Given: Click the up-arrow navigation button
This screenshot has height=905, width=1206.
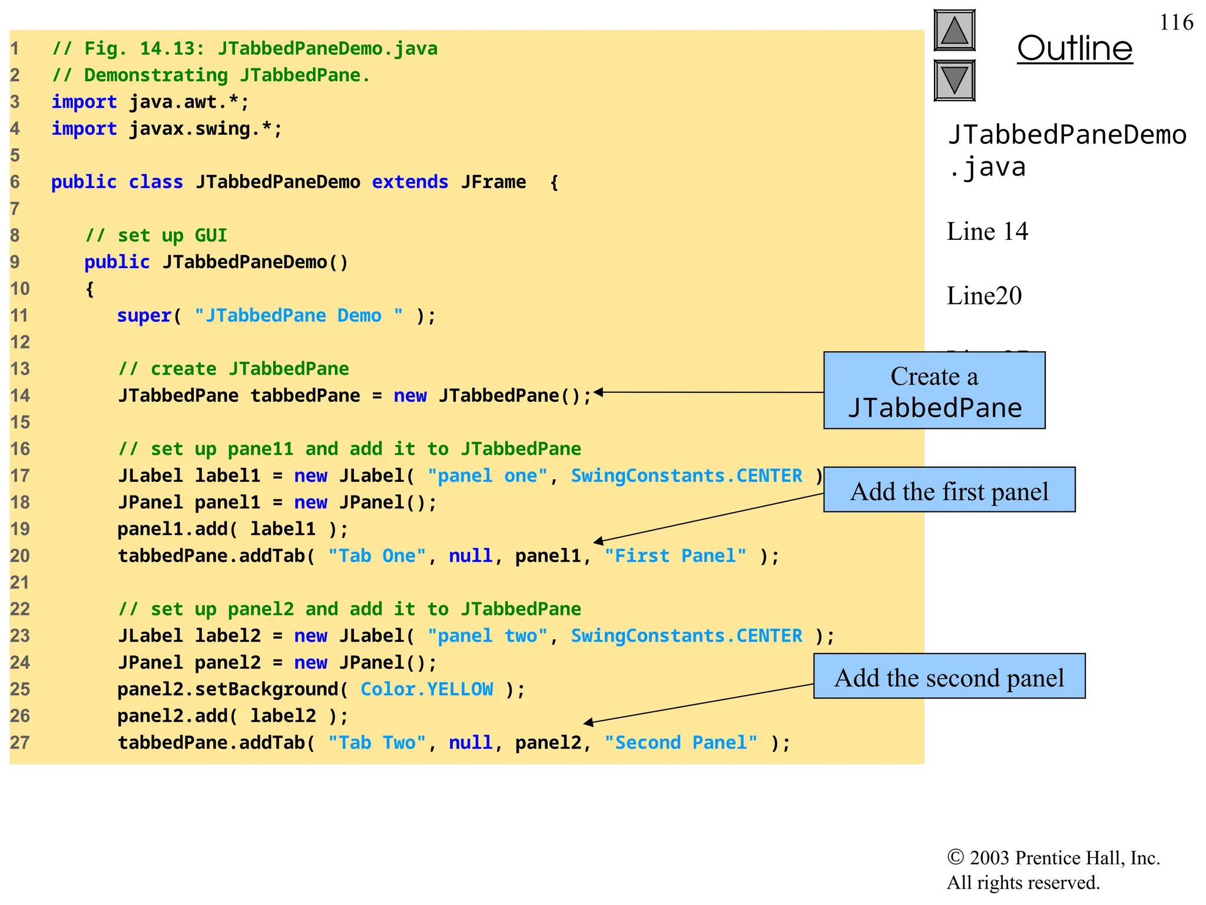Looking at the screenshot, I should [x=954, y=31].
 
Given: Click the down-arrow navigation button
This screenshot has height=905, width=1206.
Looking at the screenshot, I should [x=954, y=80].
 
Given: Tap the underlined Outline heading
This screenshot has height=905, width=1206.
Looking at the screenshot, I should [x=1074, y=48].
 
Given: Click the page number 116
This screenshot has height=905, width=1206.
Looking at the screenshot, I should [x=1176, y=22].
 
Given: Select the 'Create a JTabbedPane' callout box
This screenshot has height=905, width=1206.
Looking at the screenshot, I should [x=934, y=391].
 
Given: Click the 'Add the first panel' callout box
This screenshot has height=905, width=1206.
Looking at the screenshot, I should [x=949, y=490].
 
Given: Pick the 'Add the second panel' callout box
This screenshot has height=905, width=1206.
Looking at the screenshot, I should [x=949, y=676].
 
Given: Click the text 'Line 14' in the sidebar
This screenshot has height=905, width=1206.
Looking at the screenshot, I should [x=987, y=232].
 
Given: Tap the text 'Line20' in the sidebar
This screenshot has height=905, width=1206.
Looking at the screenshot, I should [x=983, y=296].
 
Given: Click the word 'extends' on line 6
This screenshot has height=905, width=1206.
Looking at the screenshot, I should [x=410, y=182].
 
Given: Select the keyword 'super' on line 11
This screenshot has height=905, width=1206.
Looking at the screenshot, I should [x=144, y=316].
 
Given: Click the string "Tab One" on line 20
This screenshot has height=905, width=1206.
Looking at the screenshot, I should [x=377, y=556].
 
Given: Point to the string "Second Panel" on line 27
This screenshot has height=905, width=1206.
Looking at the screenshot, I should [x=681, y=743].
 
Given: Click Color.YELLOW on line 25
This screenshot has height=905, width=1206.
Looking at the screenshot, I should [x=427, y=689].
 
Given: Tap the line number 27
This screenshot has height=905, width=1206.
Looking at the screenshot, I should [x=19, y=743].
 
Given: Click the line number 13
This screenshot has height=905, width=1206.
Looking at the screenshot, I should [x=19, y=369].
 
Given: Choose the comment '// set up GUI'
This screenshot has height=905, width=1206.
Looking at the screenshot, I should [x=156, y=236].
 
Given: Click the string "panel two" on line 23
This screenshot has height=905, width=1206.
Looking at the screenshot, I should [x=488, y=636].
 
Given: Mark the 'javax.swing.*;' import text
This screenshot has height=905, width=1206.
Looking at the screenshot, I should [x=206, y=129].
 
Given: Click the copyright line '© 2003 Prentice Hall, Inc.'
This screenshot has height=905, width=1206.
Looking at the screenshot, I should [x=1053, y=858].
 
